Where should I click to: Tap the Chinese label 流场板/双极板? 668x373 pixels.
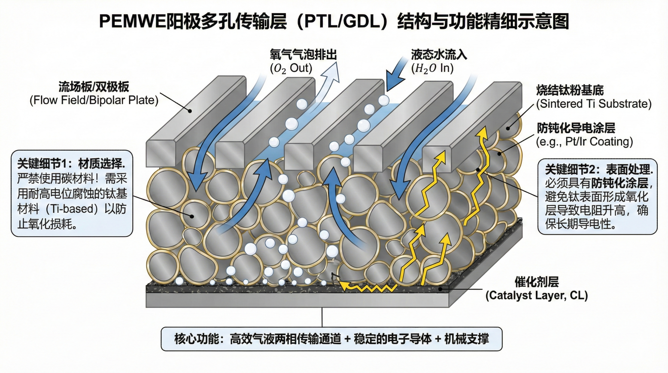[94, 87]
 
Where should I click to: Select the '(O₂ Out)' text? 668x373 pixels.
[291, 68]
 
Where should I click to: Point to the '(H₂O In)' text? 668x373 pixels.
[432, 68]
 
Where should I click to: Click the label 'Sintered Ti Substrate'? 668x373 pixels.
[594, 104]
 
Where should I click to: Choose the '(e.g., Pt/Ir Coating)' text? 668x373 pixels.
[584, 142]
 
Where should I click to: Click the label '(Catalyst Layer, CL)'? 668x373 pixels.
[536, 295]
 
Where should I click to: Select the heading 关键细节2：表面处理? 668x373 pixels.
[599, 170]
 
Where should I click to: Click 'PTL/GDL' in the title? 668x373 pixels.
[342, 22]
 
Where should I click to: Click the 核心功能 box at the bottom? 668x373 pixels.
[331, 339]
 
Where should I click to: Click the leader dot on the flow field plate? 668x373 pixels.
[190, 111]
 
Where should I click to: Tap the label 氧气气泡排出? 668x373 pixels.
[303, 55]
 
